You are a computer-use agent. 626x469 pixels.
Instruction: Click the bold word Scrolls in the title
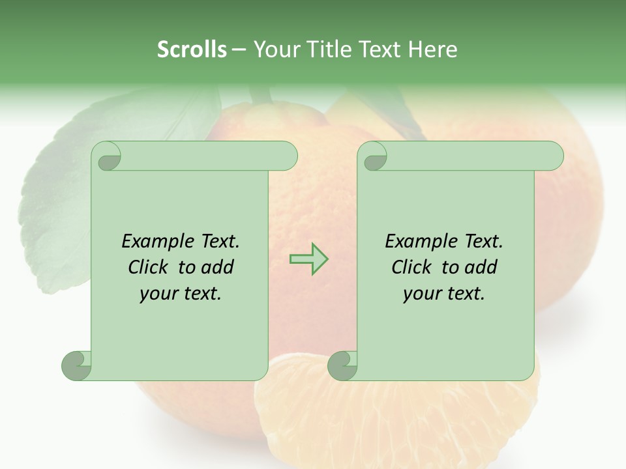(x=192, y=50)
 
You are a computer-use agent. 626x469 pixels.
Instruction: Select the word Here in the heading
(x=432, y=50)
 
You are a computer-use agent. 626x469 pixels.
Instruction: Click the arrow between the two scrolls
(x=308, y=259)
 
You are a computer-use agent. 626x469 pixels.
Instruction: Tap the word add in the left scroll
(x=218, y=267)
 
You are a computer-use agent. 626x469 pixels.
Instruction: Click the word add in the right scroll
(x=481, y=267)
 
